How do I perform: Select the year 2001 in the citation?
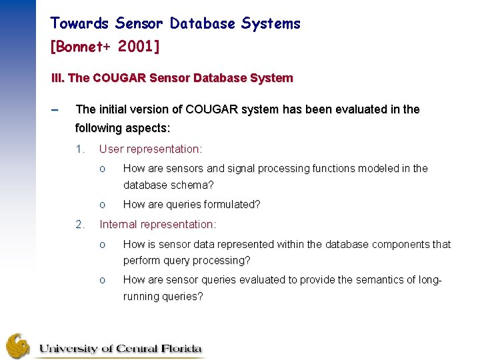coord(138,47)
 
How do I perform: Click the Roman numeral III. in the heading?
coord(58,78)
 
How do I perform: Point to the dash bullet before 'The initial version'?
coord(55,109)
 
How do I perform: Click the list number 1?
coord(79,149)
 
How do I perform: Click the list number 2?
coord(79,225)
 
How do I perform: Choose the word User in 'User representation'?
coord(111,149)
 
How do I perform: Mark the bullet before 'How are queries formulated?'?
coord(102,205)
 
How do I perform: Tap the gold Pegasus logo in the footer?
coord(18,345)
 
